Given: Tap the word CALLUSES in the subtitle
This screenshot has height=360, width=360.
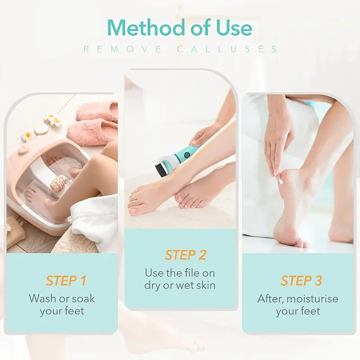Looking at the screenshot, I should pos(227,49).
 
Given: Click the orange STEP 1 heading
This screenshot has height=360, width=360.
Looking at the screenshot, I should pos(66,281).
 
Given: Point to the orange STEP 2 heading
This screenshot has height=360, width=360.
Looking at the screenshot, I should pos(185,255).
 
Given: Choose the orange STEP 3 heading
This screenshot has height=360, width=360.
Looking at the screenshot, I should pos(301,281).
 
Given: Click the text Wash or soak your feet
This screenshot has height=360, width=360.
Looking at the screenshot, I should pos(62,304).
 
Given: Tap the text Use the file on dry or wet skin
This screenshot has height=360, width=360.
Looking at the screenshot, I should pos(180,279).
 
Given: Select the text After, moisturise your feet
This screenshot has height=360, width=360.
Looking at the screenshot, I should pos(297,304).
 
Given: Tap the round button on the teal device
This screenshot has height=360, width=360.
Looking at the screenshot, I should pos(187,155).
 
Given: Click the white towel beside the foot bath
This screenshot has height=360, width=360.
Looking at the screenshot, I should pos(97,220).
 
